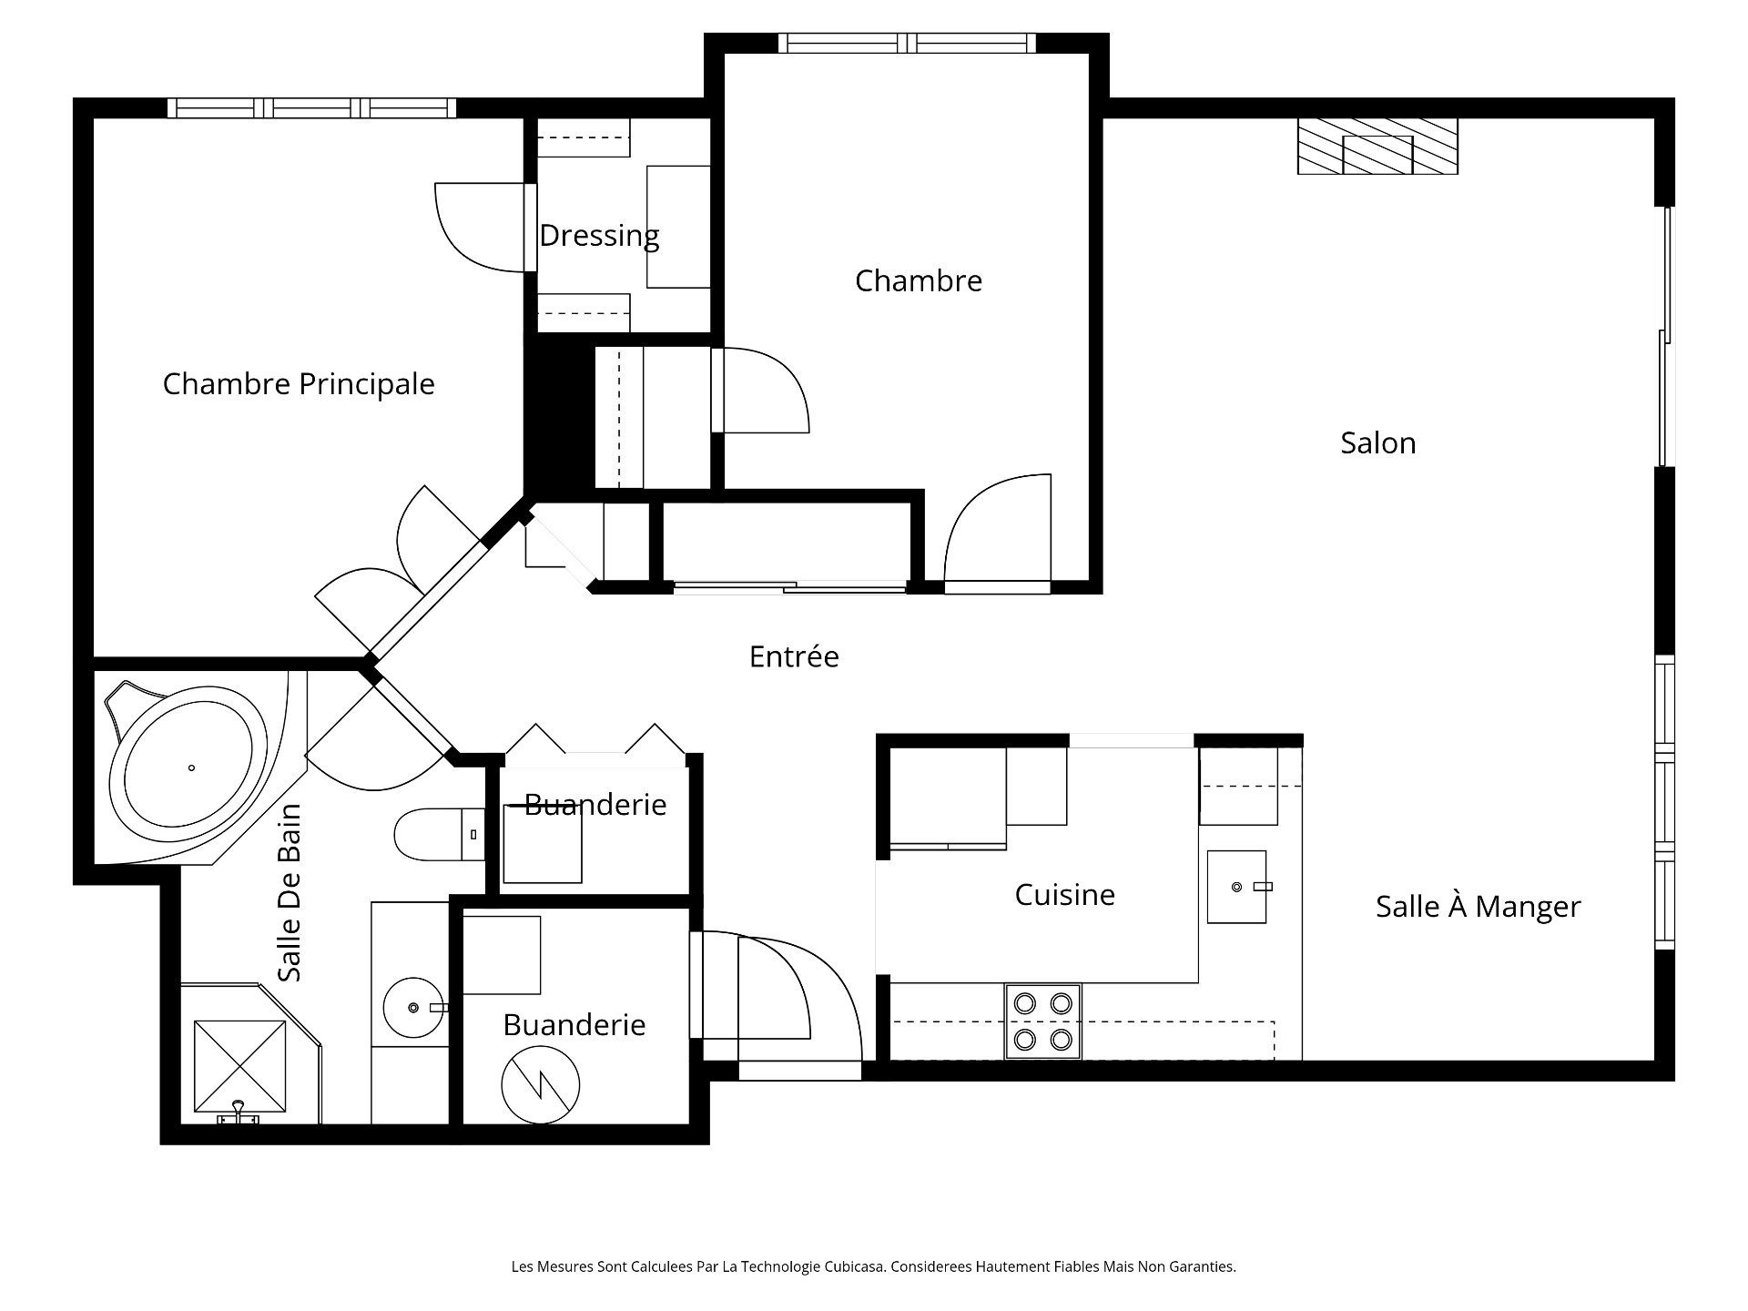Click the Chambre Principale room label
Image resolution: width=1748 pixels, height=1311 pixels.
click(299, 384)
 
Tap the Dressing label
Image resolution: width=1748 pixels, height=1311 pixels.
click(599, 236)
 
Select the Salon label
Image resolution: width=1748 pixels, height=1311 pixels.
click(1378, 443)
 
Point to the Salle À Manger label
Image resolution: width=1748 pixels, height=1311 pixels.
click(1478, 906)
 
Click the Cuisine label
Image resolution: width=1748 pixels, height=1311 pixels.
click(1064, 895)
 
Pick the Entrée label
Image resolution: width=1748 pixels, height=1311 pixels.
click(794, 655)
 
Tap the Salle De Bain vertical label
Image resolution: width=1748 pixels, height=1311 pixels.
click(290, 893)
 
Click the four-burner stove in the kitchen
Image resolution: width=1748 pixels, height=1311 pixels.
click(1043, 1021)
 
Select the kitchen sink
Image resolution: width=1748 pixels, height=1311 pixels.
click(1237, 887)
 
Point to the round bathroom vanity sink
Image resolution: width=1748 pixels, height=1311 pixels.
click(414, 1008)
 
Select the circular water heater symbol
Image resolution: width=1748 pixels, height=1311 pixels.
click(541, 1083)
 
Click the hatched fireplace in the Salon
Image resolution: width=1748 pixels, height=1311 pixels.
click(1377, 146)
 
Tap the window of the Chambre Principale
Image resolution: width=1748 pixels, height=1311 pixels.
click(311, 107)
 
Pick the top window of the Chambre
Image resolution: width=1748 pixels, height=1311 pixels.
click(908, 43)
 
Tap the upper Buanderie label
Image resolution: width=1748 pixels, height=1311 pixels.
click(595, 805)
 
